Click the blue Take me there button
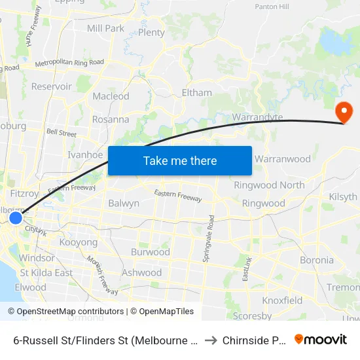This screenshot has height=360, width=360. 180,160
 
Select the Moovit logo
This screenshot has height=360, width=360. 321,340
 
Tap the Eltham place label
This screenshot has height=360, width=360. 196,93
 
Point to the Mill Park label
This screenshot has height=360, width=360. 105,28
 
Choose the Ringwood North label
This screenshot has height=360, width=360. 269,185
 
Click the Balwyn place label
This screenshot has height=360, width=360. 124,203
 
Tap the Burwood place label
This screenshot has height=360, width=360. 151,252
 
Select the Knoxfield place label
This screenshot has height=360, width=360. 282,300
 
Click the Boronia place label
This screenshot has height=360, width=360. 317,260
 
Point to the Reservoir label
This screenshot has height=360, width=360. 52,86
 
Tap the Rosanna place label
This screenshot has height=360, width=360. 111,120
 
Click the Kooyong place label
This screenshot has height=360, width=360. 78,242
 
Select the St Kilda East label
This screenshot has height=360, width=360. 46,272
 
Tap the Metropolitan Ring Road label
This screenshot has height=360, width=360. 69,63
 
